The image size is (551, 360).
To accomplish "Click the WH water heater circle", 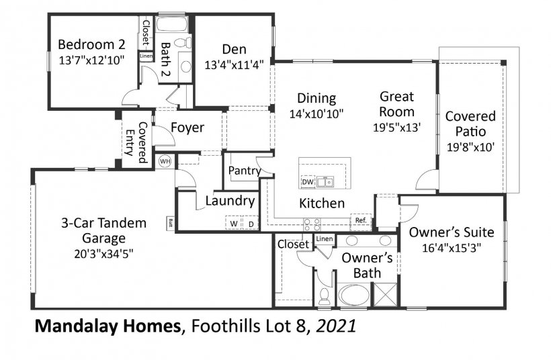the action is pos(165,162).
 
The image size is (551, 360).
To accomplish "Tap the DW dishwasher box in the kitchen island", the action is pos(308,182).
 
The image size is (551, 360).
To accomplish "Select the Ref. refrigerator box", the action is pos(361,220).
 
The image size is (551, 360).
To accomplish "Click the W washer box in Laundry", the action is pos(233,224).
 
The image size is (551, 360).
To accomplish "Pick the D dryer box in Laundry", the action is pos(251,224).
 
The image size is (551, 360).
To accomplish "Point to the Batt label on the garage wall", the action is pos(171,222).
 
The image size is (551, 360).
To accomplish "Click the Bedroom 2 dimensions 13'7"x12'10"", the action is pos(91,60).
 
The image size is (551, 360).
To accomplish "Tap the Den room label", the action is pos(234,49).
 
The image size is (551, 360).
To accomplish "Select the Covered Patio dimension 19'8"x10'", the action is pos(470,147).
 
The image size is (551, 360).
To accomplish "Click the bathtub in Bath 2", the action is pos(171,24).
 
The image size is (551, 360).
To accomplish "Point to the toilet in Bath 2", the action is pos(182,42).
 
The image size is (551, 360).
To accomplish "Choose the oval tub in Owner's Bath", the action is pos(354,294).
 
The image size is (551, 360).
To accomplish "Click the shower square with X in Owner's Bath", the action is pos(386,294).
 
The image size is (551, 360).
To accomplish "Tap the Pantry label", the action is pos(245,171).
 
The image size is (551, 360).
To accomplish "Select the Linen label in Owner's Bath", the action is pos(325,239).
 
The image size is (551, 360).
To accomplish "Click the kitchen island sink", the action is pos(325,182).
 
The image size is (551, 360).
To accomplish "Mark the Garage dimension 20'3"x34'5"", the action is pos(103,254).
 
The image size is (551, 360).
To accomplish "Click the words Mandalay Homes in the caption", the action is pos(108,326).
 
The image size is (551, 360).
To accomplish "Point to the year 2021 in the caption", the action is pos(336,326).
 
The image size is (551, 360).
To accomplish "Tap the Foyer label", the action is pos(187,128).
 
